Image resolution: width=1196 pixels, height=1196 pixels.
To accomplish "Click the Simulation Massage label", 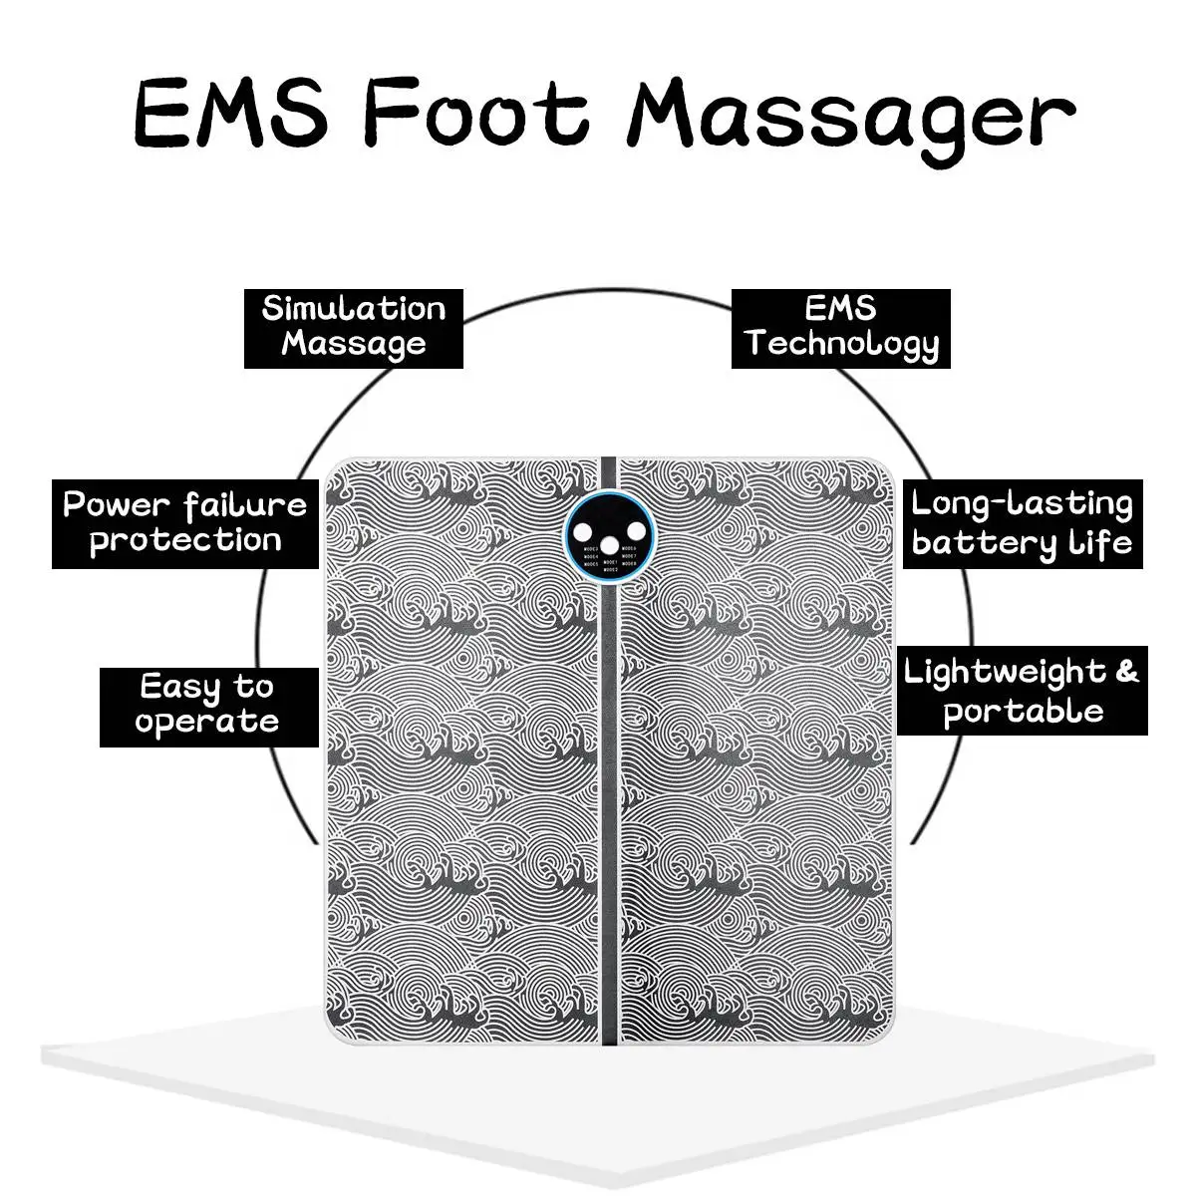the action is coord(354,327).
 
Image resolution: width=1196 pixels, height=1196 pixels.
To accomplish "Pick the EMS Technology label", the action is coord(841,327).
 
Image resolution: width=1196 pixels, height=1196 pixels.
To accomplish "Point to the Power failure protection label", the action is coord(185,523).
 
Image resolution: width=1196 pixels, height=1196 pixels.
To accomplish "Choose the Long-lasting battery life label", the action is coord(1022,523).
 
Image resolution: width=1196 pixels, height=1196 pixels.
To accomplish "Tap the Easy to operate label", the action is coord(207,705).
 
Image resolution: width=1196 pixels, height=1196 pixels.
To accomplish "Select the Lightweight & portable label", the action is coord(1022,692).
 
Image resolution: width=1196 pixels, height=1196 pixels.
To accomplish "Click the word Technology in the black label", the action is coord(841,345).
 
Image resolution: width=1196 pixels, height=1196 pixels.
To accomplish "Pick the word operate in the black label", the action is coord(207,722).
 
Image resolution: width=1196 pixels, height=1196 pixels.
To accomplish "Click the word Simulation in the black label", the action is coord(354,309).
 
